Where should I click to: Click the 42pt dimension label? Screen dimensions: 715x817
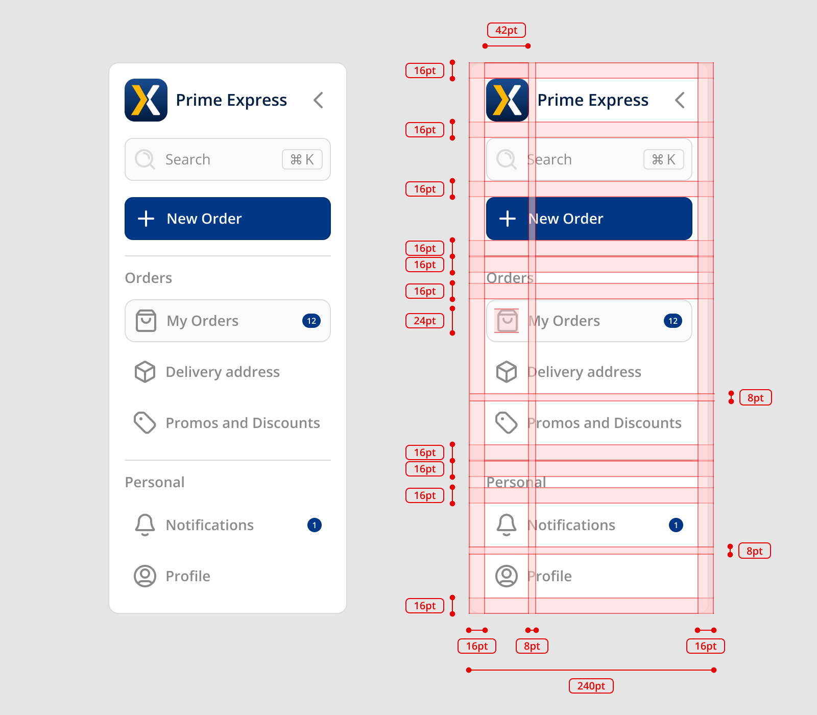(x=506, y=30)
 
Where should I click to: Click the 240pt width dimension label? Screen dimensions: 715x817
(x=591, y=686)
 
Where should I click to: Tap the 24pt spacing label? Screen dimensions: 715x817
(x=424, y=321)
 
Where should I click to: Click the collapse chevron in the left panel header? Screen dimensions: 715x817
(x=318, y=100)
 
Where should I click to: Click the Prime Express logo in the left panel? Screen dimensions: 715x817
(x=146, y=100)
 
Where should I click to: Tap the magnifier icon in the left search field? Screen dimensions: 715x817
(x=145, y=159)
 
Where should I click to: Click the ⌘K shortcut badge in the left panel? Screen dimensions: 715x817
(x=302, y=159)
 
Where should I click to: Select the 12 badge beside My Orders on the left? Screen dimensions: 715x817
(x=311, y=321)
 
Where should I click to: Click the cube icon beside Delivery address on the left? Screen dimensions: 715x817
(x=145, y=372)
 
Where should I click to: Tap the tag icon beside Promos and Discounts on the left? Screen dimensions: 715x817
(x=145, y=423)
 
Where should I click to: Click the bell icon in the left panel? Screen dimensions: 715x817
(x=145, y=525)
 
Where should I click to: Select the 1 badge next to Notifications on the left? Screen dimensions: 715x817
(x=315, y=525)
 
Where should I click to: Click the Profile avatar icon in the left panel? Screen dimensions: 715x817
(x=145, y=576)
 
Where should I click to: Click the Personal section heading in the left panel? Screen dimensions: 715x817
(x=155, y=482)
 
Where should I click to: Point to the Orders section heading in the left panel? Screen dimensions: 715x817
(x=149, y=278)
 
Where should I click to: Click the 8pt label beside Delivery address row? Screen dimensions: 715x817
(x=755, y=398)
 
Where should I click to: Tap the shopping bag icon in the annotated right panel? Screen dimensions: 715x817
(x=507, y=321)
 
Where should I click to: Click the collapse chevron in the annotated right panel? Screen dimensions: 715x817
(x=680, y=100)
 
